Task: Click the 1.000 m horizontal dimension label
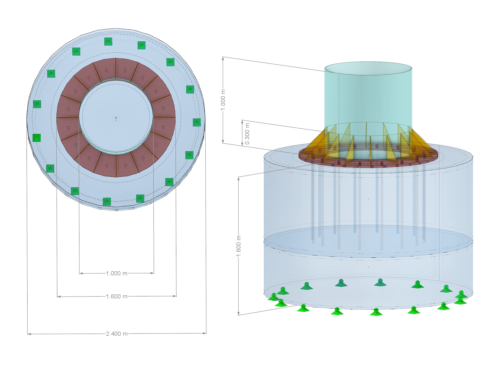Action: (x=116, y=274)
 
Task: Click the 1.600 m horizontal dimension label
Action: (x=116, y=297)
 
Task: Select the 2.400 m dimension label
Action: (x=116, y=334)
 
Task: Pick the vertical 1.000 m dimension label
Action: (x=223, y=100)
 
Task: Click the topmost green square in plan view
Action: (x=108, y=41)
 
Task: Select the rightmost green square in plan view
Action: (x=197, y=122)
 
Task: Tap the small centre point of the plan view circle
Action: (x=116, y=118)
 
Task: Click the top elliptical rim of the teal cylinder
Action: (x=368, y=62)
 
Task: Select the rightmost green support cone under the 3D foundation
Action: (x=461, y=294)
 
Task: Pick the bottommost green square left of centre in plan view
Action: (x=107, y=201)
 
